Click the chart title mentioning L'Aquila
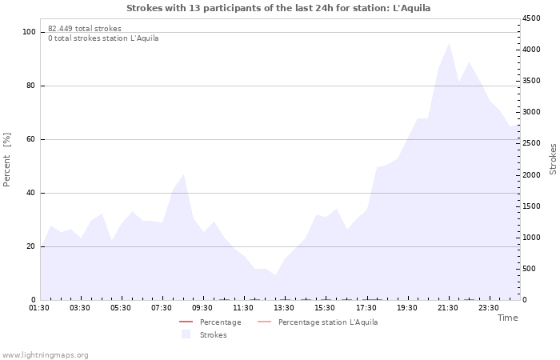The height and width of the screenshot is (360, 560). [278, 8]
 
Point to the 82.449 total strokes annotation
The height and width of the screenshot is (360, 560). [85, 29]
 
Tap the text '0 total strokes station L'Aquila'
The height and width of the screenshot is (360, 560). [103, 38]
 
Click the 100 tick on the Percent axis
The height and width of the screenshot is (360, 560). [29, 32]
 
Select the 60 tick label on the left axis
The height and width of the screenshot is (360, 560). [30, 139]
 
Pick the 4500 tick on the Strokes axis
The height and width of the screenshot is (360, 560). [531, 18]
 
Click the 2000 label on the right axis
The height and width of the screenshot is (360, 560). [531, 175]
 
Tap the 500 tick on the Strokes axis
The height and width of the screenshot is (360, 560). [529, 269]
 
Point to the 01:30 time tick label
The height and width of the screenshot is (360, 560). [39, 308]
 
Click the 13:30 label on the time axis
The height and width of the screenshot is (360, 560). [284, 308]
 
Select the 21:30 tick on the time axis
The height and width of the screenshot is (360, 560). [447, 308]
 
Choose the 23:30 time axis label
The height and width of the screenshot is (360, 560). [488, 308]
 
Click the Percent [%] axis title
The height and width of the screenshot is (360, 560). [6, 160]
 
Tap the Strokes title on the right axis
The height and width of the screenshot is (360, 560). [553, 159]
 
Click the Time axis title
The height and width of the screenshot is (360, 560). [507, 318]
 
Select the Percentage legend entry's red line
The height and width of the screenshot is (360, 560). [186, 322]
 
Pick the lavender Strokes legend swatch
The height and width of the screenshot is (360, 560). [186, 334]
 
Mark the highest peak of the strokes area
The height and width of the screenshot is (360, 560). [449, 43]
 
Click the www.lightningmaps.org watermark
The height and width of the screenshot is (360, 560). [45, 355]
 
